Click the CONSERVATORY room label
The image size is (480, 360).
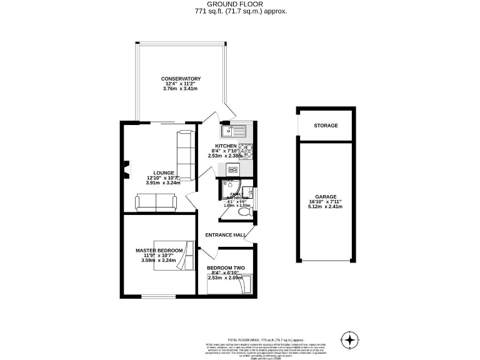tap(180, 79)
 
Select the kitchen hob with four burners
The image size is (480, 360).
tap(246, 150)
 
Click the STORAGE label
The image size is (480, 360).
tap(326, 126)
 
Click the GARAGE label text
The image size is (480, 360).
tap(326, 196)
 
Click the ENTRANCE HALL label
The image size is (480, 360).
tap(226, 235)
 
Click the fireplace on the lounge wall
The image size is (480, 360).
tap(127, 167)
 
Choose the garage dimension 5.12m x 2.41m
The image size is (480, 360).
tap(326, 207)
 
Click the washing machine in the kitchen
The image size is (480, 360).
tap(233, 169)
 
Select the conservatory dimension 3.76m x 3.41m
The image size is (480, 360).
tap(180, 89)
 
